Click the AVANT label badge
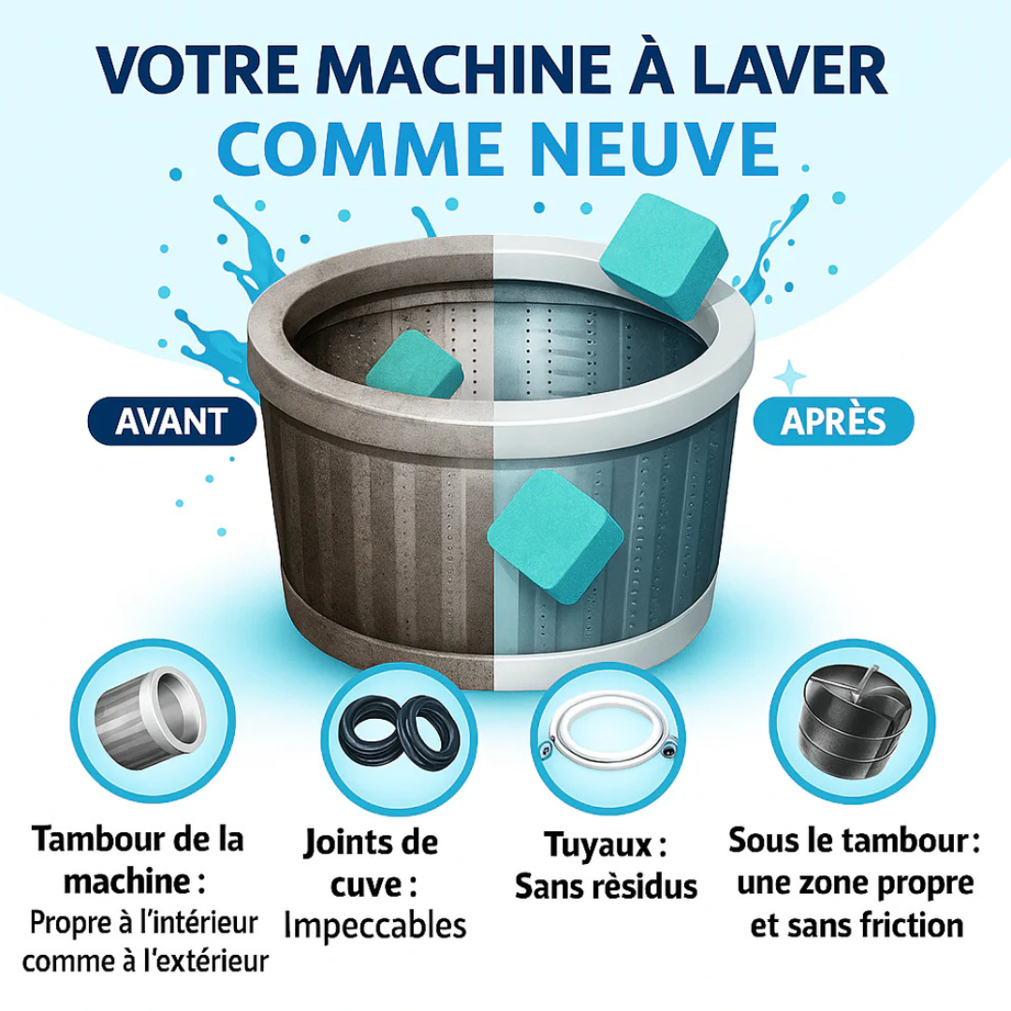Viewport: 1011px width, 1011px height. pyautogui.click(x=171, y=421)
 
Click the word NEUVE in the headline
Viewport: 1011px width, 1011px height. pyautogui.click(x=650, y=146)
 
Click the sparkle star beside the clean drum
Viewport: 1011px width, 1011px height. pyautogui.click(x=792, y=374)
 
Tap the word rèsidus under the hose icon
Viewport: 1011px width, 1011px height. pyautogui.click(x=646, y=886)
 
